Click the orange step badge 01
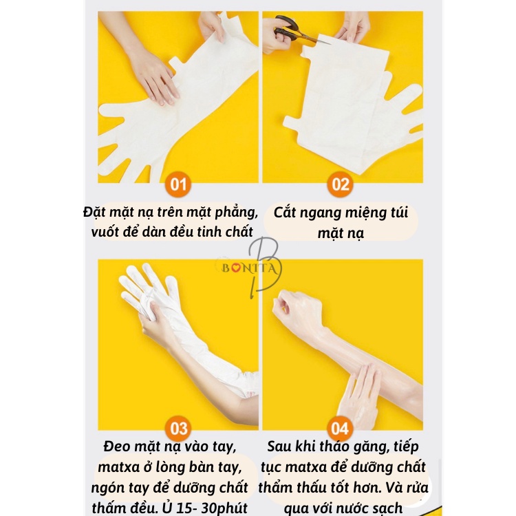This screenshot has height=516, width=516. pos(179,184)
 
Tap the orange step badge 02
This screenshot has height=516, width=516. pos(341,184)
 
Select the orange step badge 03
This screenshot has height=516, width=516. pos(179,429)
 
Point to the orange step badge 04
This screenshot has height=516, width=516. pos(341,429)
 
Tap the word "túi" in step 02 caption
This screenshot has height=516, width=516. pos(404,212)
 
